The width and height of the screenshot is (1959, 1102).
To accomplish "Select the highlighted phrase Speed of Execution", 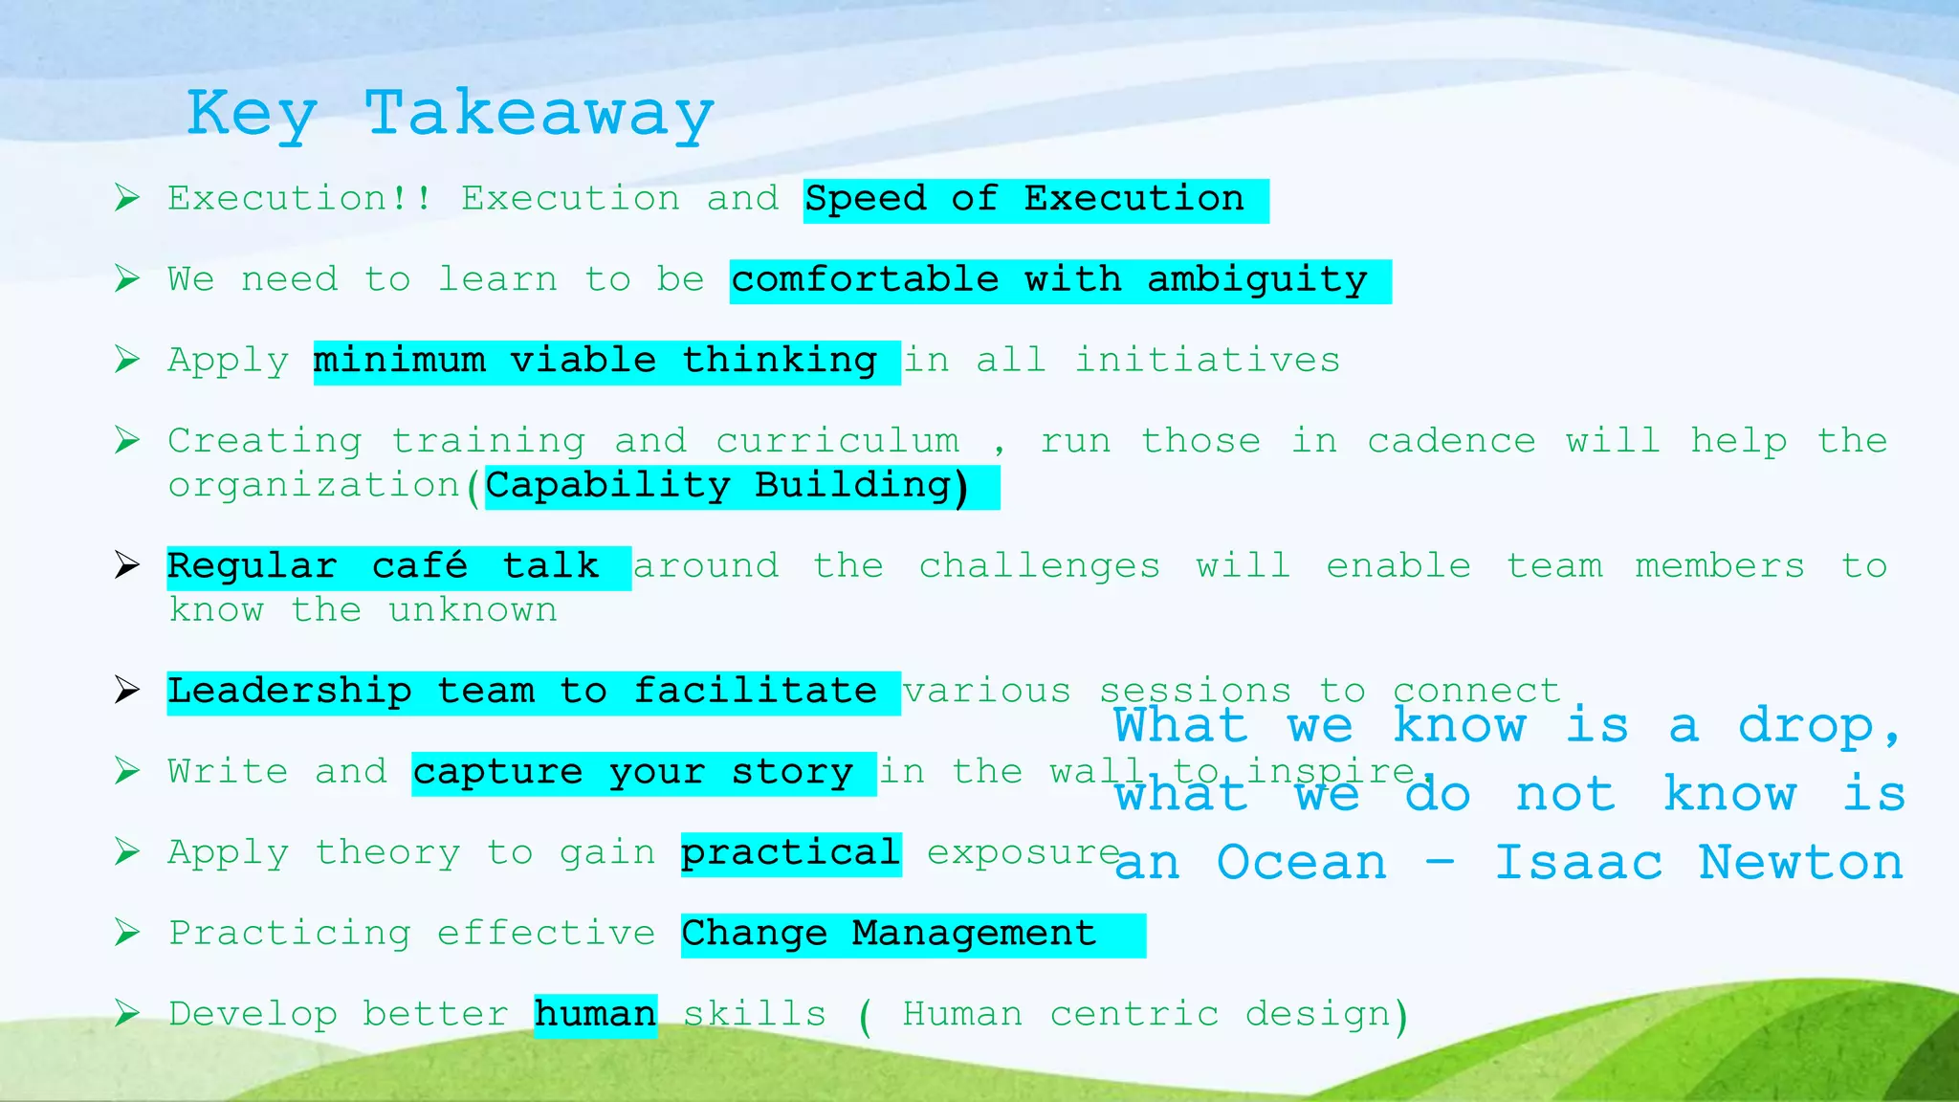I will [x=1025, y=200].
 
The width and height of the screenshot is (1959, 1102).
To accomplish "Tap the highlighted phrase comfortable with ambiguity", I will [x=1050, y=280].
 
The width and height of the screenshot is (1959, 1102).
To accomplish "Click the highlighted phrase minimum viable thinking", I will [x=596, y=362].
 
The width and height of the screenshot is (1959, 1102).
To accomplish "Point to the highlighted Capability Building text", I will [x=728, y=486].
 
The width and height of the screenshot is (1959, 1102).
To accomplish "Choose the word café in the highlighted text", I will [x=420, y=566].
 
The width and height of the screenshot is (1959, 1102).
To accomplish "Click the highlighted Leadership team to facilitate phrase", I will [x=523, y=692].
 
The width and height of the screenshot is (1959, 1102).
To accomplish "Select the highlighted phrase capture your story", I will [x=632, y=773].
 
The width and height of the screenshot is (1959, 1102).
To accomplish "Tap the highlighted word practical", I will [x=790, y=853].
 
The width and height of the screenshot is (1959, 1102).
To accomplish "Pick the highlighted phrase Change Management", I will [x=890, y=934].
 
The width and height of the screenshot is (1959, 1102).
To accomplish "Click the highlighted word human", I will [x=595, y=1015].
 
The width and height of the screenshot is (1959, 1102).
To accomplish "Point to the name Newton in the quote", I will [x=1800, y=863].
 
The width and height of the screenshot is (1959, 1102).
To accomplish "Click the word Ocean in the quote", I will [x=1301, y=863].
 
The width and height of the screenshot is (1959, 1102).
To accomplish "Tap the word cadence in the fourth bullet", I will [x=1451, y=442].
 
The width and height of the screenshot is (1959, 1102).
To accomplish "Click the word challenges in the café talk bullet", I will [x=1040, y=566].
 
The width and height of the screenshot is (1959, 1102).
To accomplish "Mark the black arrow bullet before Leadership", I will [x=126, y=690].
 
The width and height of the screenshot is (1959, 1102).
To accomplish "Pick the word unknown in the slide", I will [x=473, y=610].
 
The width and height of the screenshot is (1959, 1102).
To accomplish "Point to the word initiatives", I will [x=1207, y=362].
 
